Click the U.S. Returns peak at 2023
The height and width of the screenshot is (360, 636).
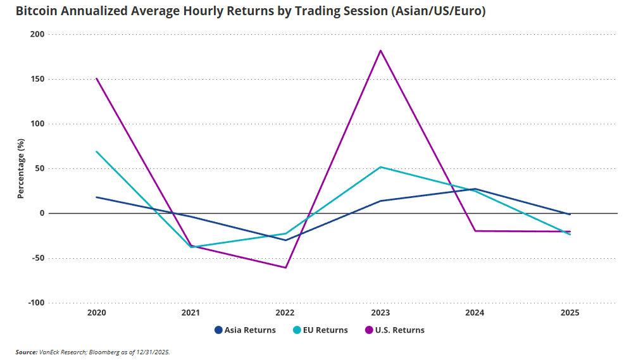380,50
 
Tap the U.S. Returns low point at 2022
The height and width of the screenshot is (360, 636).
285,268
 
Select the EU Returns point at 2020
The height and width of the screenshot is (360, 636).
97,151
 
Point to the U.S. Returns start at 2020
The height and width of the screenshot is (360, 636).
97,78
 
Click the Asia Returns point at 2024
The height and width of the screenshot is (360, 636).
475,189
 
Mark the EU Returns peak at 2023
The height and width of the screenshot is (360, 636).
380,167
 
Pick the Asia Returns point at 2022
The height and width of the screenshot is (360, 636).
285,240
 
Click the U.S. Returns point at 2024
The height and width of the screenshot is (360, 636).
475,231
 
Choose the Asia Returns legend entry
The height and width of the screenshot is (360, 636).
245,330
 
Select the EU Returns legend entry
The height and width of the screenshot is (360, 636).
321,330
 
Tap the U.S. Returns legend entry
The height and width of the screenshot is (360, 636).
395,330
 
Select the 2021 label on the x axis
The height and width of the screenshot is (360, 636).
191,313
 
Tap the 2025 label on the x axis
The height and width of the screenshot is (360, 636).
569,313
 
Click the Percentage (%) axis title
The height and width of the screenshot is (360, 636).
20,168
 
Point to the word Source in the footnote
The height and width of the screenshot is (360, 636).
27,352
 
